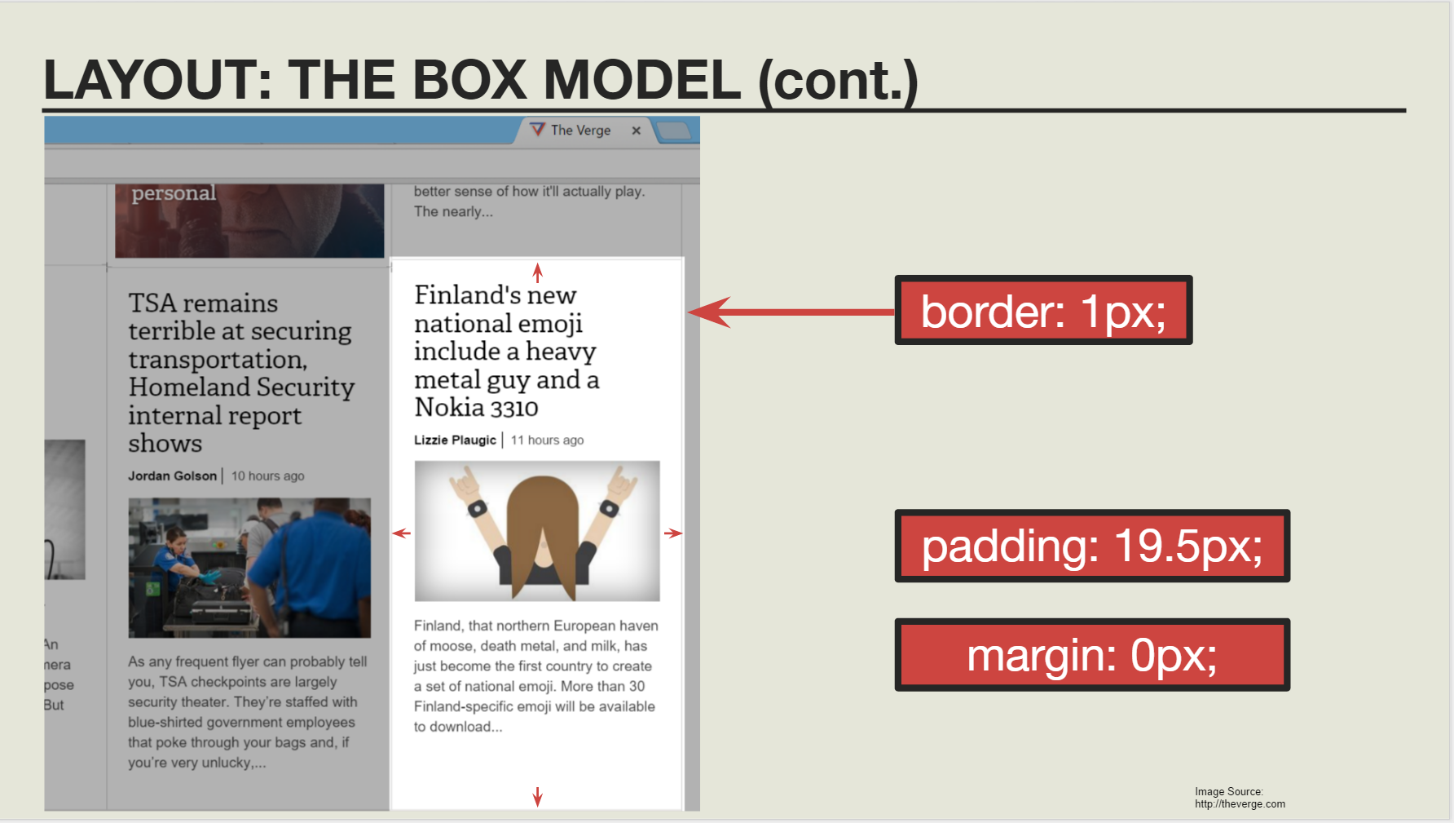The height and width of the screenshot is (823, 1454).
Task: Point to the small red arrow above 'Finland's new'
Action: (537, 272)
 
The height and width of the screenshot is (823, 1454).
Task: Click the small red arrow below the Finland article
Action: (537, 797)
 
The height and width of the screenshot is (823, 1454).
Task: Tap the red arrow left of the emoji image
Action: (401, 533)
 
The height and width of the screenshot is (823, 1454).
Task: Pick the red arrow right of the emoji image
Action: (672, 533)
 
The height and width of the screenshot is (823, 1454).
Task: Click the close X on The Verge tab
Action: (637, 131)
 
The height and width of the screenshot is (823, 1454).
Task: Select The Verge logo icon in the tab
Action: (537, 130)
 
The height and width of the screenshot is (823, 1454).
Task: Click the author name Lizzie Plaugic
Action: (455, 440)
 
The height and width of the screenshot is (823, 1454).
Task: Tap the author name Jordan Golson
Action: (172, 476)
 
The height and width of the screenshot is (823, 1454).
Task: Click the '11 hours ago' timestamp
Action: (547, 440)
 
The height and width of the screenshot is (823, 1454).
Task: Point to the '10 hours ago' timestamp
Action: (267, 476)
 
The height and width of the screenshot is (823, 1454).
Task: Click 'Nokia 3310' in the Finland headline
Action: (476, 407)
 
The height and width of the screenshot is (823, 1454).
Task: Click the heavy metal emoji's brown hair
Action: (537, 522)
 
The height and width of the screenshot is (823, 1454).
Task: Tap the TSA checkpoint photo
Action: (249, 568)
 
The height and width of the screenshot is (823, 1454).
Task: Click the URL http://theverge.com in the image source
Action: (1240, 804)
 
